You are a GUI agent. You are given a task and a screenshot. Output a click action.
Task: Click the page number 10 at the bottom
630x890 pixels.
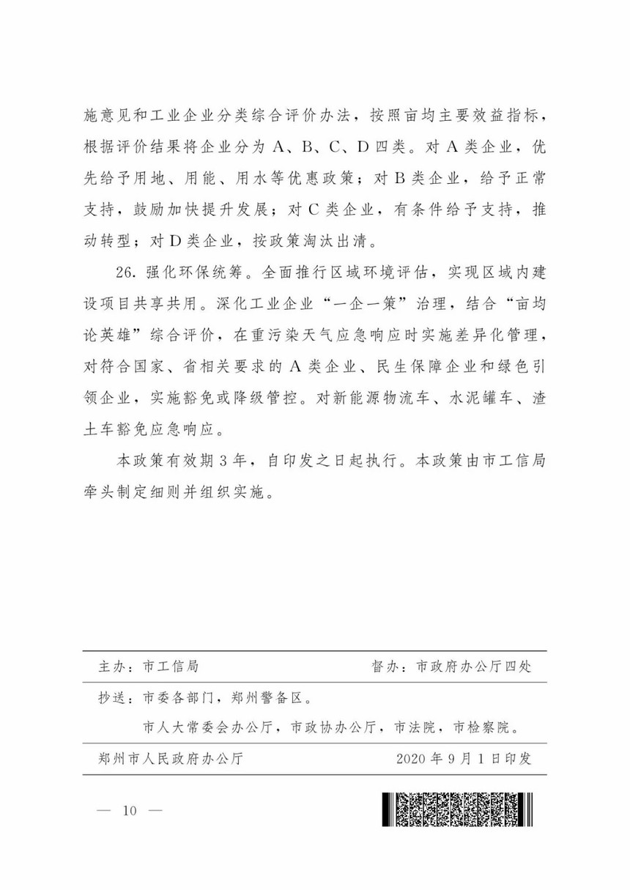[x=130, y=810]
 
